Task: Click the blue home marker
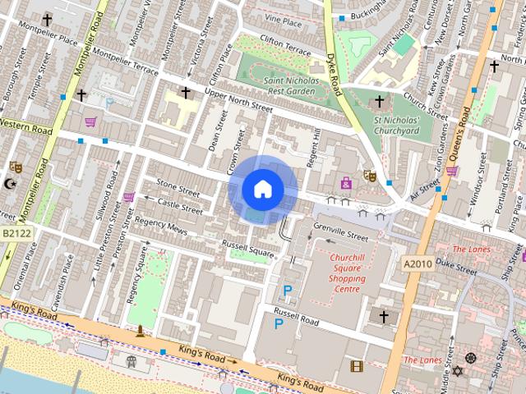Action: pos(262,190)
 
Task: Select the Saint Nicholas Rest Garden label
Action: pos(286,86)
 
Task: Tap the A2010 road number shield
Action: pos(417,263)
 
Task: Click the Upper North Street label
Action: pos(238,103)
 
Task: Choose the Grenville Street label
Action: pos(341,236)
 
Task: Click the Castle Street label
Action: pos(179,206)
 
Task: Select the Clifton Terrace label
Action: pos(285,45)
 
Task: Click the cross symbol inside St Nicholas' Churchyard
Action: pos(379,102)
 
